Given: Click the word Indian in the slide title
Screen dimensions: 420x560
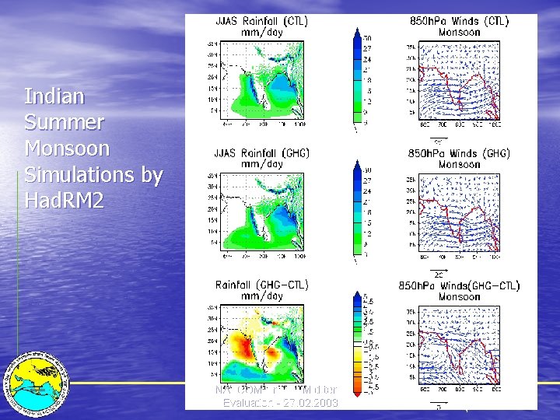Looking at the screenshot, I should pos(54,96).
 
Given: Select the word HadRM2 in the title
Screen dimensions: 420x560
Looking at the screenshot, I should pos(64,201).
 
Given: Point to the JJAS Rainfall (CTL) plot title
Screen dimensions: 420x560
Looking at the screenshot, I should pos(261,22).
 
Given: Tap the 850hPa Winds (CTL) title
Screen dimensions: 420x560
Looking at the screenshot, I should pos(458,22).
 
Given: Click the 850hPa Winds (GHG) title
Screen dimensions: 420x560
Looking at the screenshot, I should pos(458,153).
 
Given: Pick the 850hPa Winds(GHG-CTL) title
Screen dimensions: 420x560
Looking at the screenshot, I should pos(458,285).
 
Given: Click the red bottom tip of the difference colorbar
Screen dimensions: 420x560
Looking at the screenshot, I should pos(356,393).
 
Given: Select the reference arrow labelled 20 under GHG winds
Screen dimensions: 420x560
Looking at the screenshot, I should pos(439,271).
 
